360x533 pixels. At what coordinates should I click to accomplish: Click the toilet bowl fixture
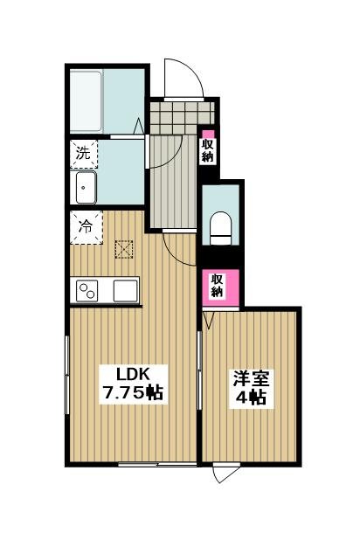pos(220,228)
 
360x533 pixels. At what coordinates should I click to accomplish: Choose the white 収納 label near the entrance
pos(207,150)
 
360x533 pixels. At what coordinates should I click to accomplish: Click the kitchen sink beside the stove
pos(124,289)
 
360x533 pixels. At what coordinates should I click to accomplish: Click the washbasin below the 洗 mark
pos(87,186)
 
